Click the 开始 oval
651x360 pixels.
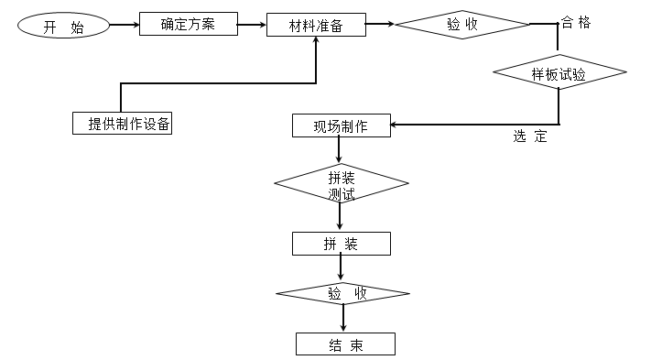coord(63,27)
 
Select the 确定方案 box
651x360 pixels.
coord(188,24)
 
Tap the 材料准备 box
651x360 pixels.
coord(316,25)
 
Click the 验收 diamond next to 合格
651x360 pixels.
coord(461,25)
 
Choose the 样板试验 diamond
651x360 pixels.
coord(559,72)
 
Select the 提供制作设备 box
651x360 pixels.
coord(123,123)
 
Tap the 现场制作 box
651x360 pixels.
coord(341,125)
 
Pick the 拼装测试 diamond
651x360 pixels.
coord(341,184)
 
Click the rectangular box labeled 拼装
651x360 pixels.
coord(341,244)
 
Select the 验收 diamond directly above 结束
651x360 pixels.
coord(342,293)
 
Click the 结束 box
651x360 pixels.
coord(345,344)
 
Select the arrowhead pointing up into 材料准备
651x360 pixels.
coord(316,44)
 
